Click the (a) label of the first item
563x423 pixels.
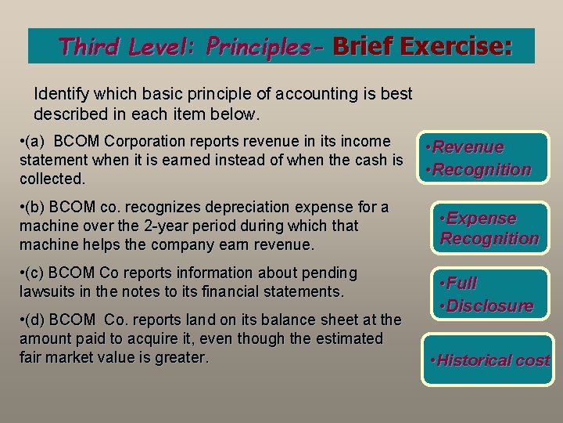(35, 142)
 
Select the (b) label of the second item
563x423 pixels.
(35, 208)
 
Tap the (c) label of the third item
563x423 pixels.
(35, 273)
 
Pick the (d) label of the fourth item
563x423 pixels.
(35, 320)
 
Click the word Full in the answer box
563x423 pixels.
(463, 283)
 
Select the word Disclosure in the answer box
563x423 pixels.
(486, 305)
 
